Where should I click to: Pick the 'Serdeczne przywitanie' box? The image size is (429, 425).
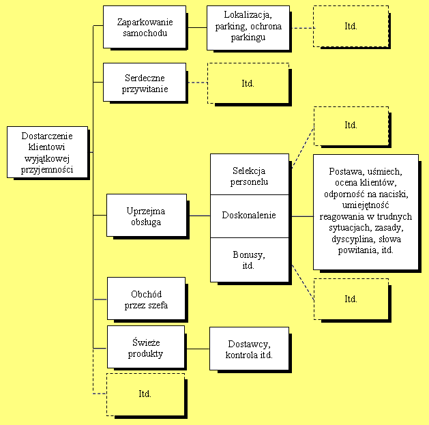click(144, 83)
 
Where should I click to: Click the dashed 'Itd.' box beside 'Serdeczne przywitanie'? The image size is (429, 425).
click(248, 83)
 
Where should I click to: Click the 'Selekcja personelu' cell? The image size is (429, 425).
click(250, 175)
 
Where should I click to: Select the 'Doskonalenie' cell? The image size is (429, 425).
click(250, 216)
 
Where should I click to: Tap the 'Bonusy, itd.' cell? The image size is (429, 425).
click(250, 259)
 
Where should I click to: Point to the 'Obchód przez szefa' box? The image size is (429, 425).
click(146, 299)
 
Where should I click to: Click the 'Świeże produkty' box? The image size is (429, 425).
click(146, 349)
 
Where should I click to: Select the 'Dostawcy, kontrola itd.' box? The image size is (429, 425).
click(249, 349)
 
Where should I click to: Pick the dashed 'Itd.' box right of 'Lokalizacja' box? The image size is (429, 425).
click(351, 27)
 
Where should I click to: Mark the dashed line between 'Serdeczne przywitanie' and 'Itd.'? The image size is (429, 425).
click(196, 83)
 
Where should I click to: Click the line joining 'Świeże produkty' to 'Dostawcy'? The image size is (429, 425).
click(197, 349)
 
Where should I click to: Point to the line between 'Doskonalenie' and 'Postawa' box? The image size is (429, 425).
click(301, 216)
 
